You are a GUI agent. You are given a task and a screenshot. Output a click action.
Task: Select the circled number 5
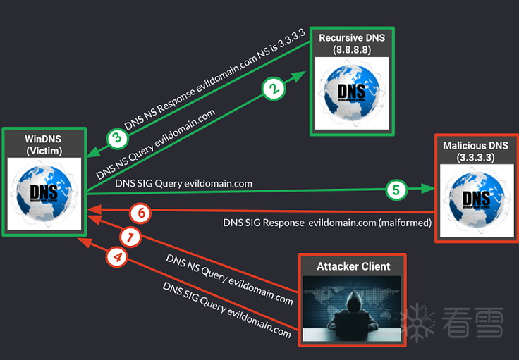pyautogui.click(x=396, y=189)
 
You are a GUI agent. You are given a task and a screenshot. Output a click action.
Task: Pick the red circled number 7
pyautogui.click(x=130, y=237)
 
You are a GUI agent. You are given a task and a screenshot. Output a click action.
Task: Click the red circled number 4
pyautogui.click(x=116, y=258)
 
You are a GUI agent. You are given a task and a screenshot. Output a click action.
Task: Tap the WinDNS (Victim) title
pyautogui.click(x=44, y=144)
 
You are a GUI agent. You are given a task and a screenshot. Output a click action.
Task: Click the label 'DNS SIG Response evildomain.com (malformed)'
pyautogui.click(x=327, y=223)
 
